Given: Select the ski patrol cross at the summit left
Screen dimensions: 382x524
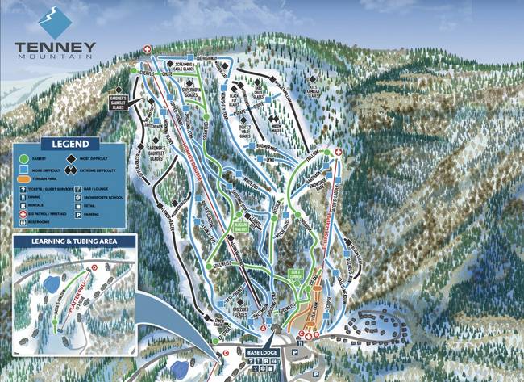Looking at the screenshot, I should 147,48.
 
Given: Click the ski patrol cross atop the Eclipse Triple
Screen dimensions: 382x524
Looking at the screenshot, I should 338,151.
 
